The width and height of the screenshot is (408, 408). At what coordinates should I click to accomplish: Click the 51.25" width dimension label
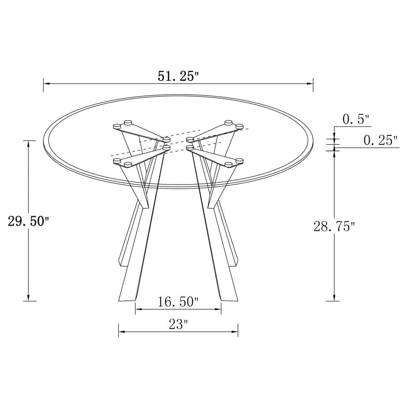[x=179, y=76]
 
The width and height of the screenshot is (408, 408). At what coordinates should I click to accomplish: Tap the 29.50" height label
[x=28, y=221]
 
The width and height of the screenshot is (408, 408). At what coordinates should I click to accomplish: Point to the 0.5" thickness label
[x=356, y=120]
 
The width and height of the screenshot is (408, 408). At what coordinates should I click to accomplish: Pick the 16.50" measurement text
[x=178, y=301]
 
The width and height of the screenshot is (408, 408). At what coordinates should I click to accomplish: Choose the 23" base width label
[x=178, y=324]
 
